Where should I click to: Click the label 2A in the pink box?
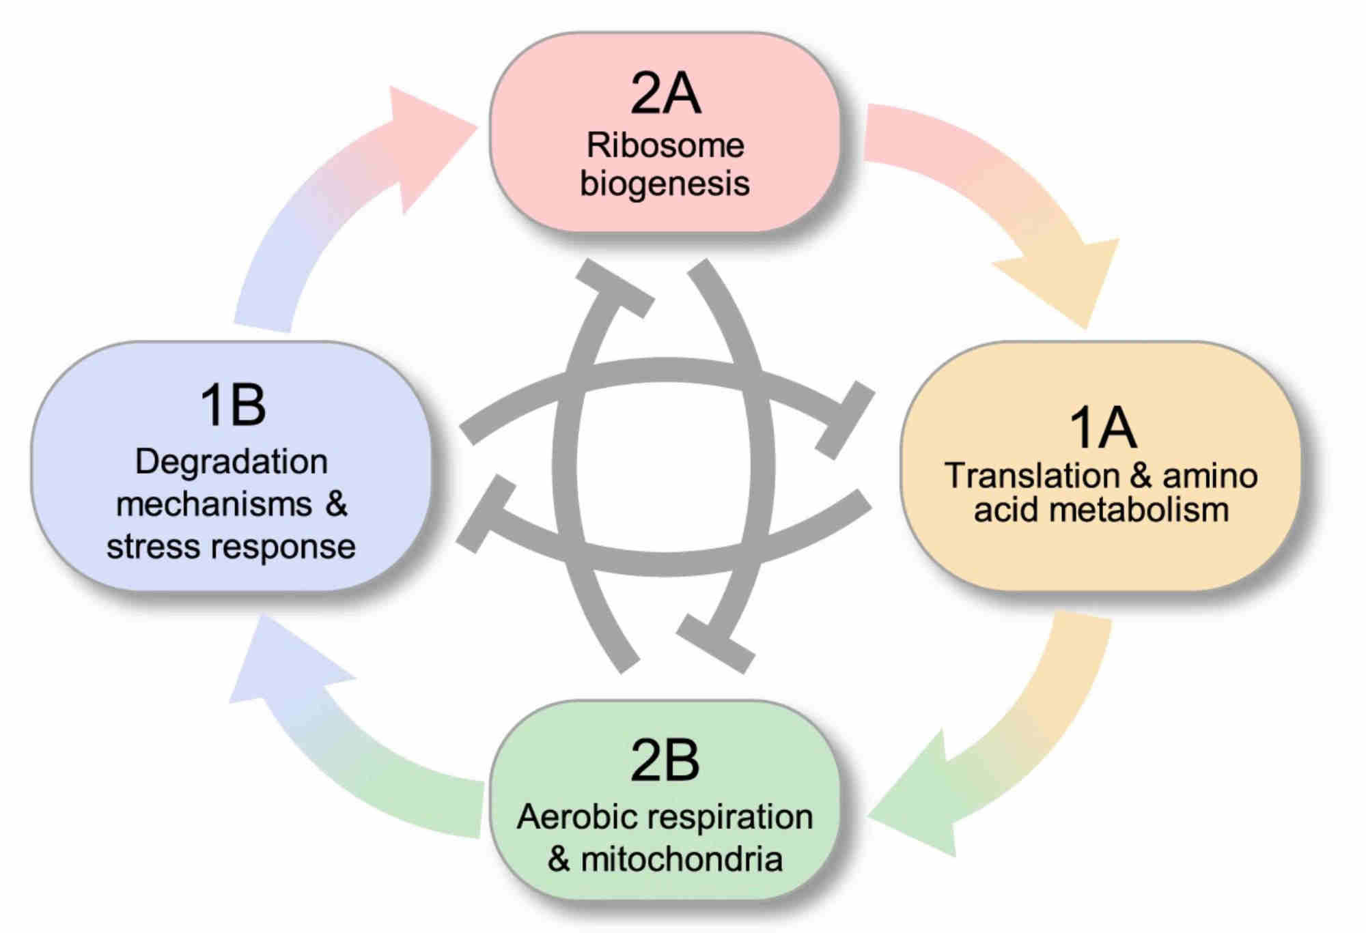tap(665, 94)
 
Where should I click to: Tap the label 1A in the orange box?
tap(1102, 428)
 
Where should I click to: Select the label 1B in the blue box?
tap(232, 405)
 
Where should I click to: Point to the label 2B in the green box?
tap(665, 760)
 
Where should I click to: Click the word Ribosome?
tap(665, 145)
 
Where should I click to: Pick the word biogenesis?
tap(665, 184)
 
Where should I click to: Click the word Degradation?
tap(232, 462)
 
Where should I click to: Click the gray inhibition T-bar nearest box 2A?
tap(615, 289)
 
